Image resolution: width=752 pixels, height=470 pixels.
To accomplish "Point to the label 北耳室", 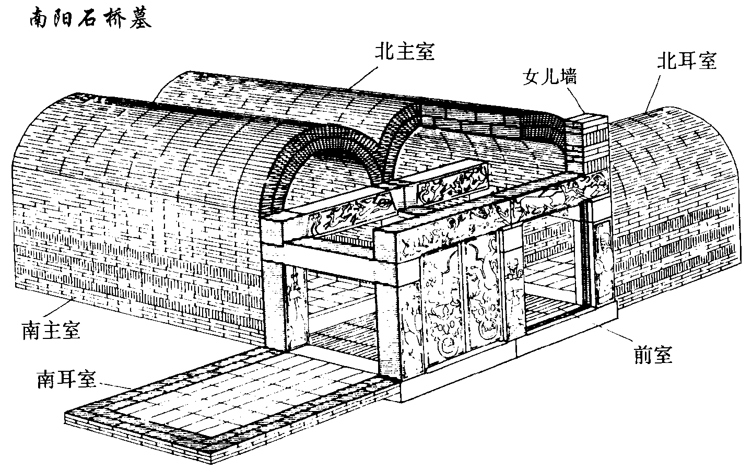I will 687,62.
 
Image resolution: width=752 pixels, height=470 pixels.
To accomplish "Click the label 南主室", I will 51,331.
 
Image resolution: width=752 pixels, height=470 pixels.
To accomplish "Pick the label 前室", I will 650,355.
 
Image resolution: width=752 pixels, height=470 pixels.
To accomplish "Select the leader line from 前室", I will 616,335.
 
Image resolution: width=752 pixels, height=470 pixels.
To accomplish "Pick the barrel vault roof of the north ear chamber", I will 679,157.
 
